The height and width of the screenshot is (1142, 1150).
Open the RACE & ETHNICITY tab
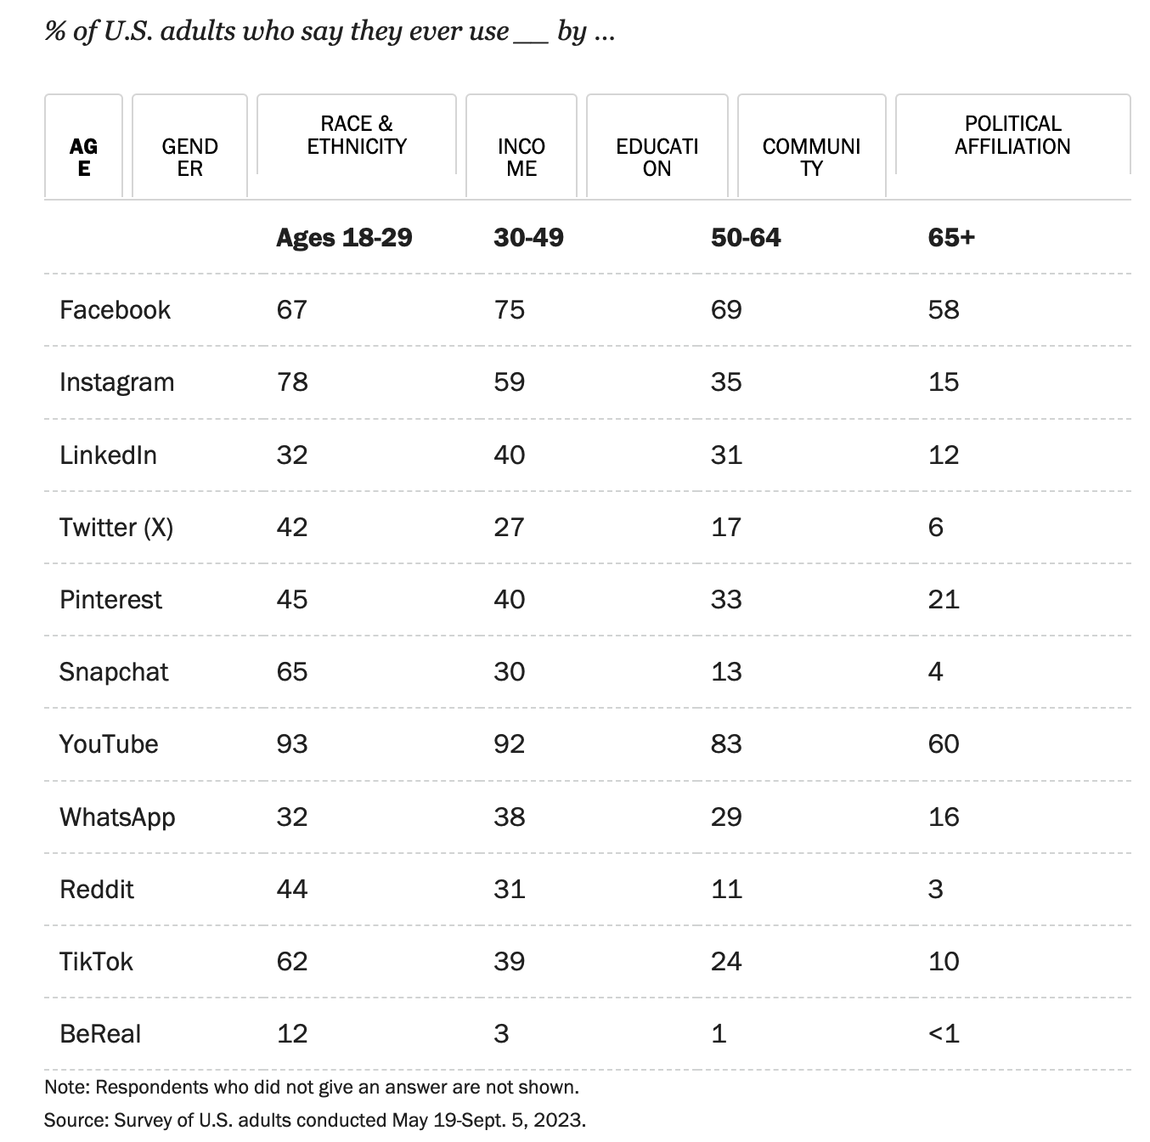[x=356, y=135]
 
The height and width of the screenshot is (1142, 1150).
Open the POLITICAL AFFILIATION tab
[x=1012, y=135]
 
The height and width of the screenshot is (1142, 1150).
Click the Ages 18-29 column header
[x=344, y=237]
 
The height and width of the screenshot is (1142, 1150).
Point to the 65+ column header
[x=951, y=237]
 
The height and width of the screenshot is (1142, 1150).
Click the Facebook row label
[x=115, y=310]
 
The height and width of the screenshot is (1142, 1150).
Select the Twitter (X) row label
[x=116, y=528]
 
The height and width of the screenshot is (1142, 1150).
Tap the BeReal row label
[x=100, y=1034]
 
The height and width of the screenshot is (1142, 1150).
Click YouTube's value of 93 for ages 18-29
[x=292, y=744]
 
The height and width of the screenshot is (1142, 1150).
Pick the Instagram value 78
[x=292, y=382]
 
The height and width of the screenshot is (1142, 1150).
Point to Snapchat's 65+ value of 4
[x=935, y=672]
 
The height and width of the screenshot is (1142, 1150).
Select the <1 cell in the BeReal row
[x=943, y=1034]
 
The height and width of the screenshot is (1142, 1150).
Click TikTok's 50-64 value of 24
[x=726, y=962]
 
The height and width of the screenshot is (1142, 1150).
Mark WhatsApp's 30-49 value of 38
[x=509, y=817]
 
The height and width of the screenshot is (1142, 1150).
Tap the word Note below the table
[x=66, y=1087]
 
